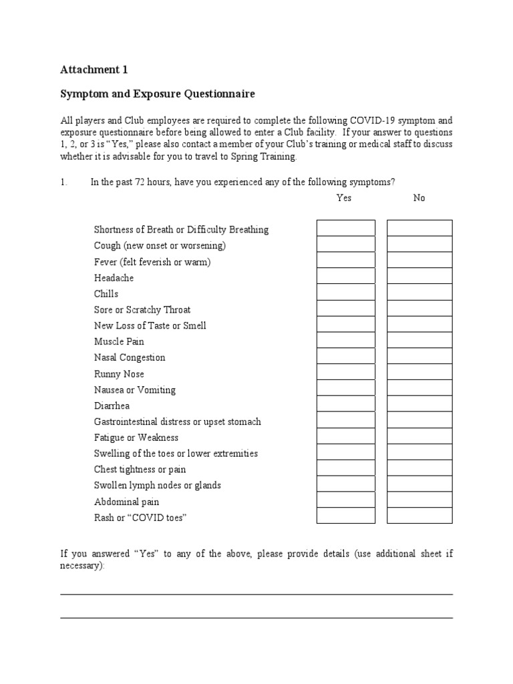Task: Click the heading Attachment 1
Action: click(94, 69)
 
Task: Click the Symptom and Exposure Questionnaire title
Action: click(158, 94)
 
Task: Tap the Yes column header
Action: click(344, 198)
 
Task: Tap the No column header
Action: click(419, 198)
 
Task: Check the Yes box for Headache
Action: click(346, 276)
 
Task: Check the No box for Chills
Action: click(419, 292)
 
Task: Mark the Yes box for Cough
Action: click(346, 244)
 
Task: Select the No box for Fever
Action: click(419, 260)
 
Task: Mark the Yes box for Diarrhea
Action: click(346, 404)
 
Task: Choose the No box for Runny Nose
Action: click(419, 372)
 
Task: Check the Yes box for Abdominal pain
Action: click(346, 500)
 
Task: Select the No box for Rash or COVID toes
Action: click(419, 516)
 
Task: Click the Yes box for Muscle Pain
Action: click(346, 340)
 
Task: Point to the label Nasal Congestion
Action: click(130, 357)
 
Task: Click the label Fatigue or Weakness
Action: click(136, 438)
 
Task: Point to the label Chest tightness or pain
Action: click(140, 470)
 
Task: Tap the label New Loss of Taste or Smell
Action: click(150, 325)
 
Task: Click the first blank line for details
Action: click(256, 593)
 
